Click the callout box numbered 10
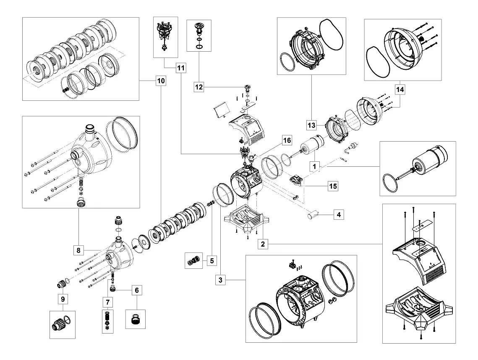[161, 81]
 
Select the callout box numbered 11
[181, 68]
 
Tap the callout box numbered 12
[199, 87]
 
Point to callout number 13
[311, 125]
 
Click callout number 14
[400, 89]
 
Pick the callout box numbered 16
[287, 140]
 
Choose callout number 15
[333, 186]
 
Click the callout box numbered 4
[339, 215]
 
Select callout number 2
[263, 244]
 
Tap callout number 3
[220, 280]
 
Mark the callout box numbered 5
[212, 261]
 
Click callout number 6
[137, 290]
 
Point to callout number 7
[107, 302]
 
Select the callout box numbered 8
[78, 250]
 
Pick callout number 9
[63, 299]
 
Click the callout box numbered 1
[315, 167]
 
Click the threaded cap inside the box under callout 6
[136, 319]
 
